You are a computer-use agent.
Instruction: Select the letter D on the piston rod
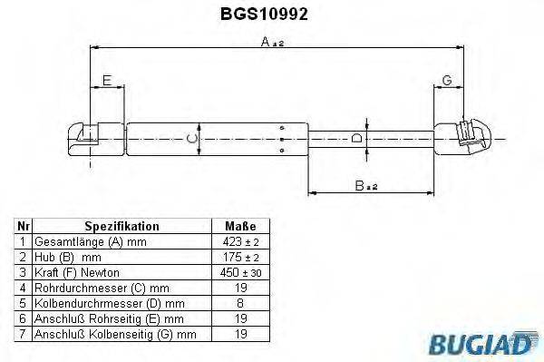(357, 139)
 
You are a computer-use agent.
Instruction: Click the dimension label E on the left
(107, 82)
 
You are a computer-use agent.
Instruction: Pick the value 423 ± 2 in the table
(239, 242)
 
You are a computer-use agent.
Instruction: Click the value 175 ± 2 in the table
(239, 258)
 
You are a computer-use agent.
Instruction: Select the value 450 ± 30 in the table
(239, 273)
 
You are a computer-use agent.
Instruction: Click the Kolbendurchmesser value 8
(239, 304)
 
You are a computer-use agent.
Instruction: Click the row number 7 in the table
(24, 335)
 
